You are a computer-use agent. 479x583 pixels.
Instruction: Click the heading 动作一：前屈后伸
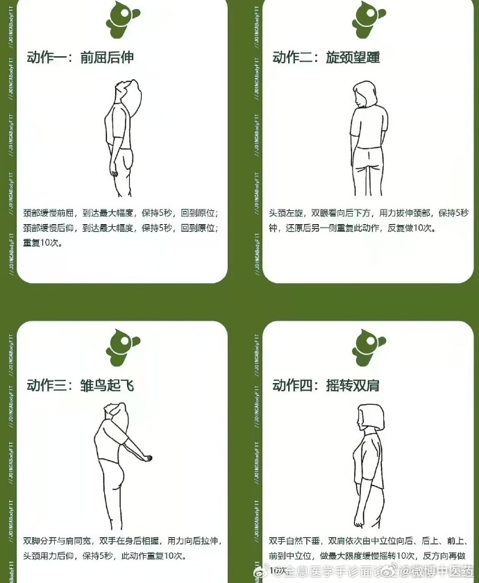(x=80, y=58)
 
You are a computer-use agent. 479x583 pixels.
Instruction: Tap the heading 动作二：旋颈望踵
(x=326, y=58)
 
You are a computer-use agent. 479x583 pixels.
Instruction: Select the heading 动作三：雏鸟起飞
(x=80, y=385)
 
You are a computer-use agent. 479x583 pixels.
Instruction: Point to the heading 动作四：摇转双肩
(x=326, y=385)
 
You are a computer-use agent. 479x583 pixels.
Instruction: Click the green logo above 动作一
(x=123, y=17)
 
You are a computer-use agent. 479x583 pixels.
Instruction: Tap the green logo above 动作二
(x=369, y=17)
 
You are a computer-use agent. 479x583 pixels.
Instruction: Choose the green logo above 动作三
(x=123, y=345)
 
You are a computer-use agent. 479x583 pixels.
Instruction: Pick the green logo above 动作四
(x=369, y=345)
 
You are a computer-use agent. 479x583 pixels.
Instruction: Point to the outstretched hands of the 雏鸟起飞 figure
(x=148, y=457)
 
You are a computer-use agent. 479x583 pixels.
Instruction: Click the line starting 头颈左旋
(x=369, y=212)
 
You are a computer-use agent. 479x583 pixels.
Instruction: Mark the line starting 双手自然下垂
(x=369, y=539)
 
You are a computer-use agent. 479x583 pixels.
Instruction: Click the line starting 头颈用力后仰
(x=104, y=555)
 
